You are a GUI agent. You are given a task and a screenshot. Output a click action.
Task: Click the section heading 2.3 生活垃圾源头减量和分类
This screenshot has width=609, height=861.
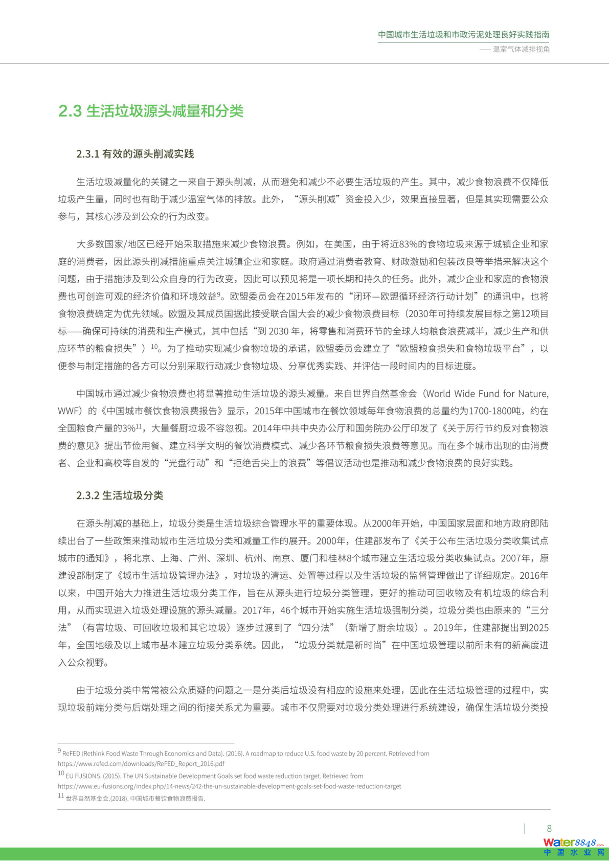151,111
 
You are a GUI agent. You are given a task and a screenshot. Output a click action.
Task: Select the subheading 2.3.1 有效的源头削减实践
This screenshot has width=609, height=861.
135,154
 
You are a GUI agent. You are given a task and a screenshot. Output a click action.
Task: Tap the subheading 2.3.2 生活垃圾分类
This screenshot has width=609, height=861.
120,495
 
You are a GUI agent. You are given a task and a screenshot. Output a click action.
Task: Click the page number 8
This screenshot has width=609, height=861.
549,829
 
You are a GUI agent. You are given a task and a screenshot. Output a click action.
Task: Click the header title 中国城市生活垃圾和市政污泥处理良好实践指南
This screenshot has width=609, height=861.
463,35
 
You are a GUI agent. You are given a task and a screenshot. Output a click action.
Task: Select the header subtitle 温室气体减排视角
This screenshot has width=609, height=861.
521,49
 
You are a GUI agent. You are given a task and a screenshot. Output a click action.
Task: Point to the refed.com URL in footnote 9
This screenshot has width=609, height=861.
141,764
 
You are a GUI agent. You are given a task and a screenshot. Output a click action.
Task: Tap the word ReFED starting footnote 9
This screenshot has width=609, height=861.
71,754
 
